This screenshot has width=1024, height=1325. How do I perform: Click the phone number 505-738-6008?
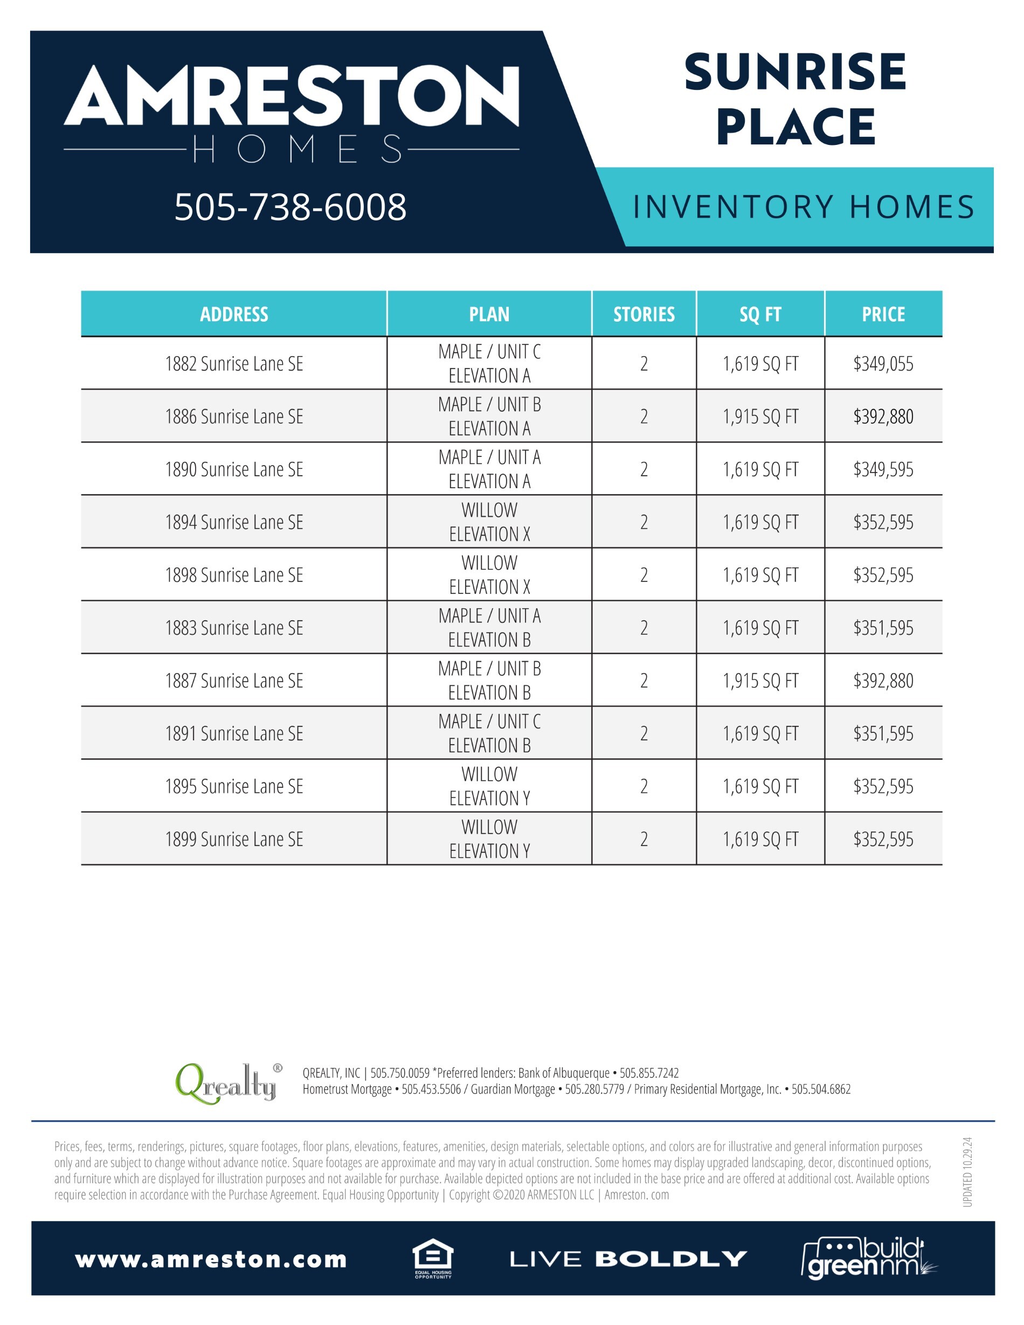point(290,207)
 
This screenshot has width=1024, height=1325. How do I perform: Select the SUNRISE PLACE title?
point(795,99)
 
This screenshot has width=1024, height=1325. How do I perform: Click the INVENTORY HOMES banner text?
point(803,207)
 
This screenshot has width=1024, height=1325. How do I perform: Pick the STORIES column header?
point(644,314)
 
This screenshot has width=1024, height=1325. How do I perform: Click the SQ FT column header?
point(760,314)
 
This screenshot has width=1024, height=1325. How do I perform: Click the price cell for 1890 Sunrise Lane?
point(883,469)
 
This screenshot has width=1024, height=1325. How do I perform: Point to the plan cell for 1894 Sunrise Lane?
point(489,522)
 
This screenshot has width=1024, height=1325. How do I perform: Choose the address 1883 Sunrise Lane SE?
point(234,628)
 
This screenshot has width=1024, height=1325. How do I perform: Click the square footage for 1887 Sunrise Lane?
point(760,681)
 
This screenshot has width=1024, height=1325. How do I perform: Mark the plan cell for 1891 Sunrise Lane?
point(489,733)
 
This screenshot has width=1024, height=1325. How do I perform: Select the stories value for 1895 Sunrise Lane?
point(644,786)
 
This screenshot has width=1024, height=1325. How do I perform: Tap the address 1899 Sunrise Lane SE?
point(234,839)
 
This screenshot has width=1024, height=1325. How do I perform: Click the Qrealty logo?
point(227,1084)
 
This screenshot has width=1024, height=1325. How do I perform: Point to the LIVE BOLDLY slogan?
point(628,1259)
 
